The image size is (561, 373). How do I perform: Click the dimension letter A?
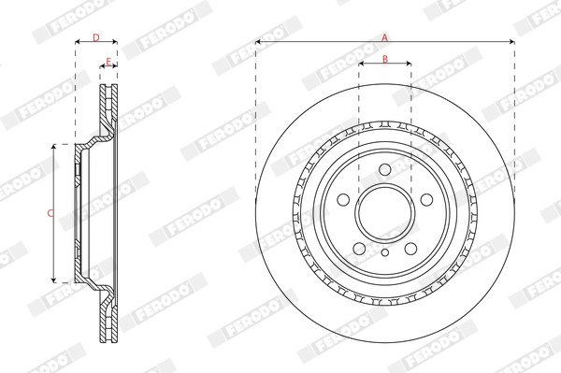[x=384, y=36]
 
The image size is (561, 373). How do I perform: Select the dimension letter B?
[x=385, y=59]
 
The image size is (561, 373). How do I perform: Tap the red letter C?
[x=49, y=213]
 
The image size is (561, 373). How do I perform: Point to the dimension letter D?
[x=95, y=36]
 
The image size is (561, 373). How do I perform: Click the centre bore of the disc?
[x=384, y=209]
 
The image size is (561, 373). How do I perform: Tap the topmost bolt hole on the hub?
[x=384, y=168]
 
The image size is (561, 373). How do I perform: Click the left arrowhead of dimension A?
[x=259, y=42]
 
